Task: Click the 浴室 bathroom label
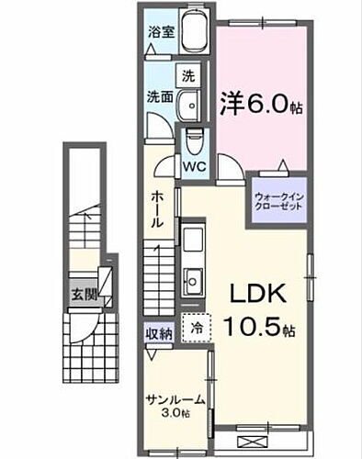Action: pos(160,30)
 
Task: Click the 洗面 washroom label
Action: pos(158,96)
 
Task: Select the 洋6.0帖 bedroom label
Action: pos(261,106)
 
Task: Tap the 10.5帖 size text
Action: pos(259,326)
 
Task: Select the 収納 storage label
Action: pos(158,334)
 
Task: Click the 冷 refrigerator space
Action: pos(196,327)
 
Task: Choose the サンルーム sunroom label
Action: pos(175,398)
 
